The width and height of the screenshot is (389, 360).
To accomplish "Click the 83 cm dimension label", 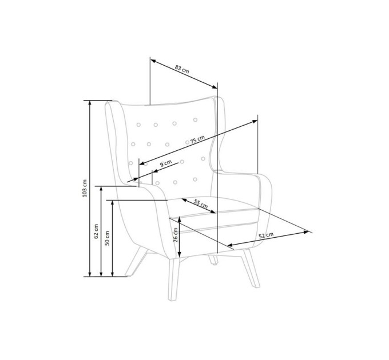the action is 182,69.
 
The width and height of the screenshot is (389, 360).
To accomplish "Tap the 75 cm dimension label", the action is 197,140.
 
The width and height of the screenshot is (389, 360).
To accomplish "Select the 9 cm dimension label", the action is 165,163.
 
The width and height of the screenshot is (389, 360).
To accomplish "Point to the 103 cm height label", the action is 85,189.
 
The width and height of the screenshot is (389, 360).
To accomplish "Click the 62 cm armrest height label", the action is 96,231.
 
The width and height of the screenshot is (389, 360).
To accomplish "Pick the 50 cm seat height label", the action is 107,238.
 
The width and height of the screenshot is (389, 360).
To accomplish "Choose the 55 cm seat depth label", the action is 201,204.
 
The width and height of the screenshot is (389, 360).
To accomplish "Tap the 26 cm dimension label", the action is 176,235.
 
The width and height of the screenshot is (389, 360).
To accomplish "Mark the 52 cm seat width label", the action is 266,235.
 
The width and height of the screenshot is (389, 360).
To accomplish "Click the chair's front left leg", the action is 173,279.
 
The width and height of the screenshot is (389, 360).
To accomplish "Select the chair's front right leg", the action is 251,268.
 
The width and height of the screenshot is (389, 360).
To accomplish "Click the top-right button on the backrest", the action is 195,120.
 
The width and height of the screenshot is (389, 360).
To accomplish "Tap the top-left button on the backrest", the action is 138,125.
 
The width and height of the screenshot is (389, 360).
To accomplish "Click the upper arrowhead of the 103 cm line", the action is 90,103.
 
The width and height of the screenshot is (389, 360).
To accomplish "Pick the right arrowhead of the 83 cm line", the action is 214,86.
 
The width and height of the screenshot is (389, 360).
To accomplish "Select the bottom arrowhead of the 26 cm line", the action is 180,254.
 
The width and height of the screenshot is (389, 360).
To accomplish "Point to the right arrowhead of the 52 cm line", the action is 306,232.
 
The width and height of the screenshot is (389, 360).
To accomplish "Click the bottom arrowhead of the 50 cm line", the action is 112,274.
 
